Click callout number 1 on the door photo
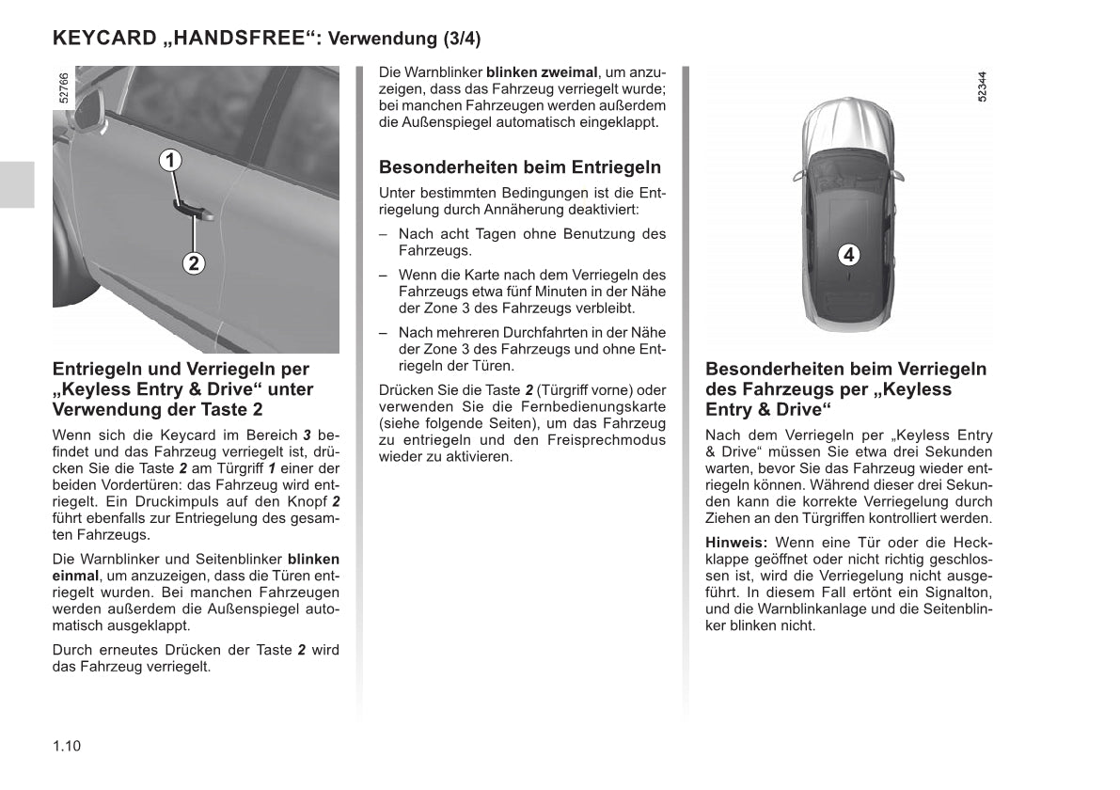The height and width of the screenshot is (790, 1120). tap(169, 161)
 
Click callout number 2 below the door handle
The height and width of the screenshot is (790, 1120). tap(193, 263)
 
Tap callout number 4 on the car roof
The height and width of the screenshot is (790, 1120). tap(848, 254)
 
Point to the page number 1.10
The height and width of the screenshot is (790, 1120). tap(67, 747)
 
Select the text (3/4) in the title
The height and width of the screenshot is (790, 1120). tap(461, 39)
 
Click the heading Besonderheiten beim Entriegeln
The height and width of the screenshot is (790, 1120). tap(520, 167)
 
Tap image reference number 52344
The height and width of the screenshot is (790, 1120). tap(982, 87)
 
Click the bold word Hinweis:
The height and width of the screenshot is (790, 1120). tap(736, 543)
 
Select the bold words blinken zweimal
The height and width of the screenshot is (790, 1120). tap(542, 72)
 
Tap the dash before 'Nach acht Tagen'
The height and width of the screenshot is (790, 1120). tap(384, 234)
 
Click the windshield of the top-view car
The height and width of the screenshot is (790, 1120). tap(848, 166)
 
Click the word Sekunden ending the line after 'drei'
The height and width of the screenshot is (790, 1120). tap(960, 451)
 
